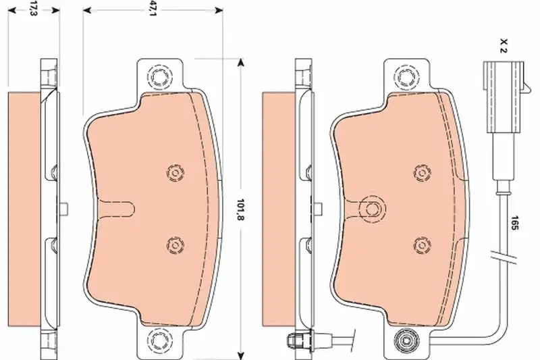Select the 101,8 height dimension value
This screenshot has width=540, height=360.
(x=241, y=209)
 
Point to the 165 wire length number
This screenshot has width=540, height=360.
(x=514, y=223)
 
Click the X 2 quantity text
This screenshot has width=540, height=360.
(x=504, y=46)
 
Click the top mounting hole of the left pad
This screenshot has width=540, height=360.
(x=159, y=76)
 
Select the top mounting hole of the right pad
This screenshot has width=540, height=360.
(x=407, y=76)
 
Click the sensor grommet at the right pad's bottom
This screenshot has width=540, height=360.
(x=407, y=340)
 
